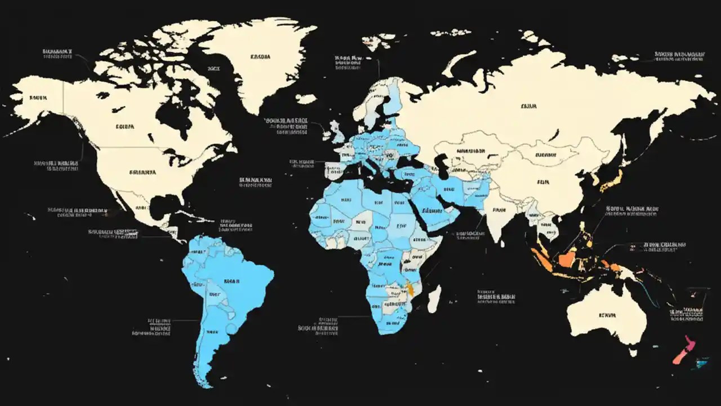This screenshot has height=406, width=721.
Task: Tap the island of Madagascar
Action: point(434,299)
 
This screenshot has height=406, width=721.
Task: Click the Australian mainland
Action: point(608,316)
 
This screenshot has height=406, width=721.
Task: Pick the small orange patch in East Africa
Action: point(411,289)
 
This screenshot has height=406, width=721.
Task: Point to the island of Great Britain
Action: point(337,131)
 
